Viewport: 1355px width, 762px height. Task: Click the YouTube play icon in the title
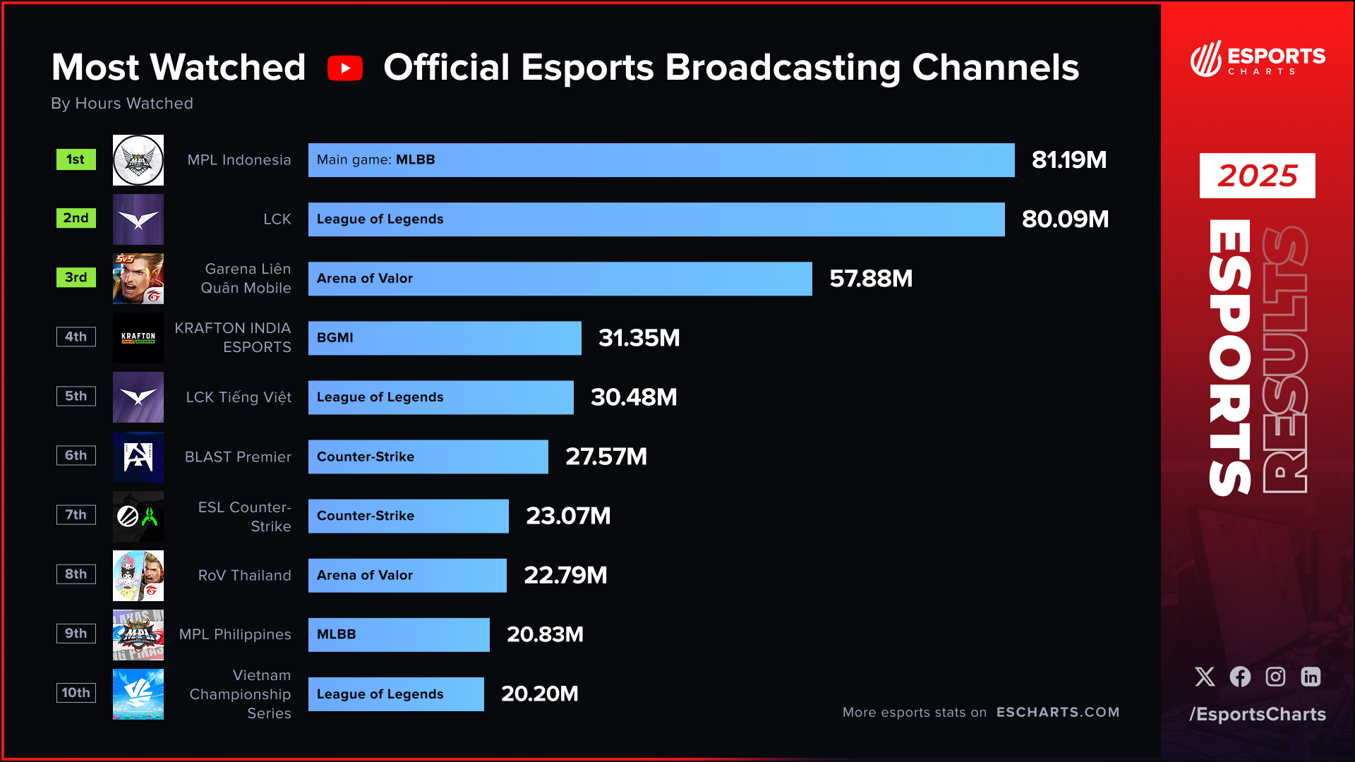pyautogui.click(x=345, y=68)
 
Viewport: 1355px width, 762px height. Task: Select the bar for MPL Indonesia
pyautogui.click(x=661, y=160)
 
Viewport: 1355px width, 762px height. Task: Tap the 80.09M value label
pyautogui.click(x=1065, y=219)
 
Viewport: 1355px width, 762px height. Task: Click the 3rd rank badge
pyautogui.click(x=76, y=277)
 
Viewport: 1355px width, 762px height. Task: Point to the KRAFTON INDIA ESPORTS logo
pyautogui.click(x=138, y=338)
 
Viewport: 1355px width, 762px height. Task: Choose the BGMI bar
pyautogui.click(x=445, y=338)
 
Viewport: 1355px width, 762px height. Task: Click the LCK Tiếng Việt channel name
pyautogui.click(x=239, y=397)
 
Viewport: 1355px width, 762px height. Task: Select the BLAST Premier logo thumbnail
pyautogui.click(x=138, y=456)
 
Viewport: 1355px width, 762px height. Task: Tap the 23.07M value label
pyautogui.click(x=568, y=516)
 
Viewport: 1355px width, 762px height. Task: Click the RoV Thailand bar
pyautogui.click(x=407, y=575)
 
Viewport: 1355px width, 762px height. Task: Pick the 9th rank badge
pyautogui.click(x=76, y=633)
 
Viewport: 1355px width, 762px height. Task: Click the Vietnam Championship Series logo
pyautogui.click(x=138, y=694)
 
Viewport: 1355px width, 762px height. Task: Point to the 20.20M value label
pyautogui.click(x=540, y=694)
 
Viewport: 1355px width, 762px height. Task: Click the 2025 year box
pyautogui.click(x=1257, y=176)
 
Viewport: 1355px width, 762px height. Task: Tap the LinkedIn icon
pyautogui.click(x=1311, y=677)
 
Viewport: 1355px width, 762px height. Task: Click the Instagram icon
pyautogui.click(x=1275, y=677)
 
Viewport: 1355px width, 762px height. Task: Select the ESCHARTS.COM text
pyautogui.click(x=1057, y=712)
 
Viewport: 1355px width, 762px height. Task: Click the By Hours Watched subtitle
pyautogui.click(x=122, y=104)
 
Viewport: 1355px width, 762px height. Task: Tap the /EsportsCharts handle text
pyautogui.click(x=1257, y=714)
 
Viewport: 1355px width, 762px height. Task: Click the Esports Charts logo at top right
pyautogui.click(x=1257, y=59)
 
